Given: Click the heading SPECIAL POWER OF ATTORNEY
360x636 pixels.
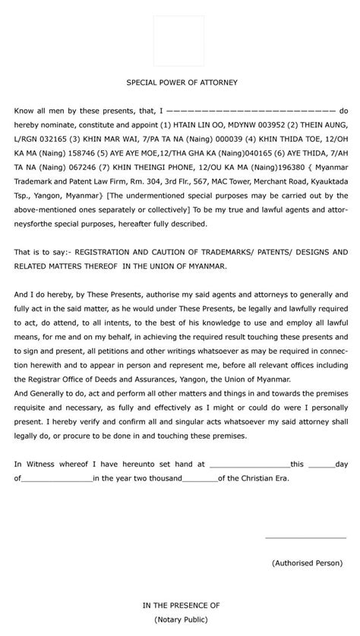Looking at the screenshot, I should [181, 81].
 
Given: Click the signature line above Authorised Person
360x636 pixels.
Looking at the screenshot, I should [305, 537].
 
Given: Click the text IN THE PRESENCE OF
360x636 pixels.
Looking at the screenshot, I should [181, 605].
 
